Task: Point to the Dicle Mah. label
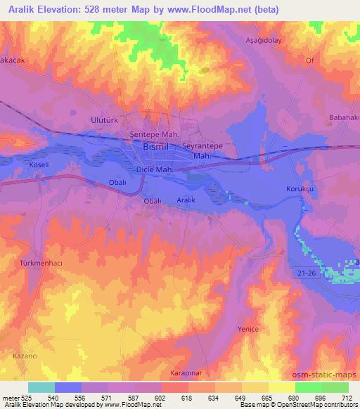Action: [x=153, y=170]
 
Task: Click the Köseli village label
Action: [x=38, y=163]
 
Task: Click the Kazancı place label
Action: [x=25, y=357]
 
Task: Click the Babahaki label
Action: [x=344, y=118]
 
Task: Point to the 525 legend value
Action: [x=22, y=397]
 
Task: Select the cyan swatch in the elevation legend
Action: [x=41, y=387]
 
